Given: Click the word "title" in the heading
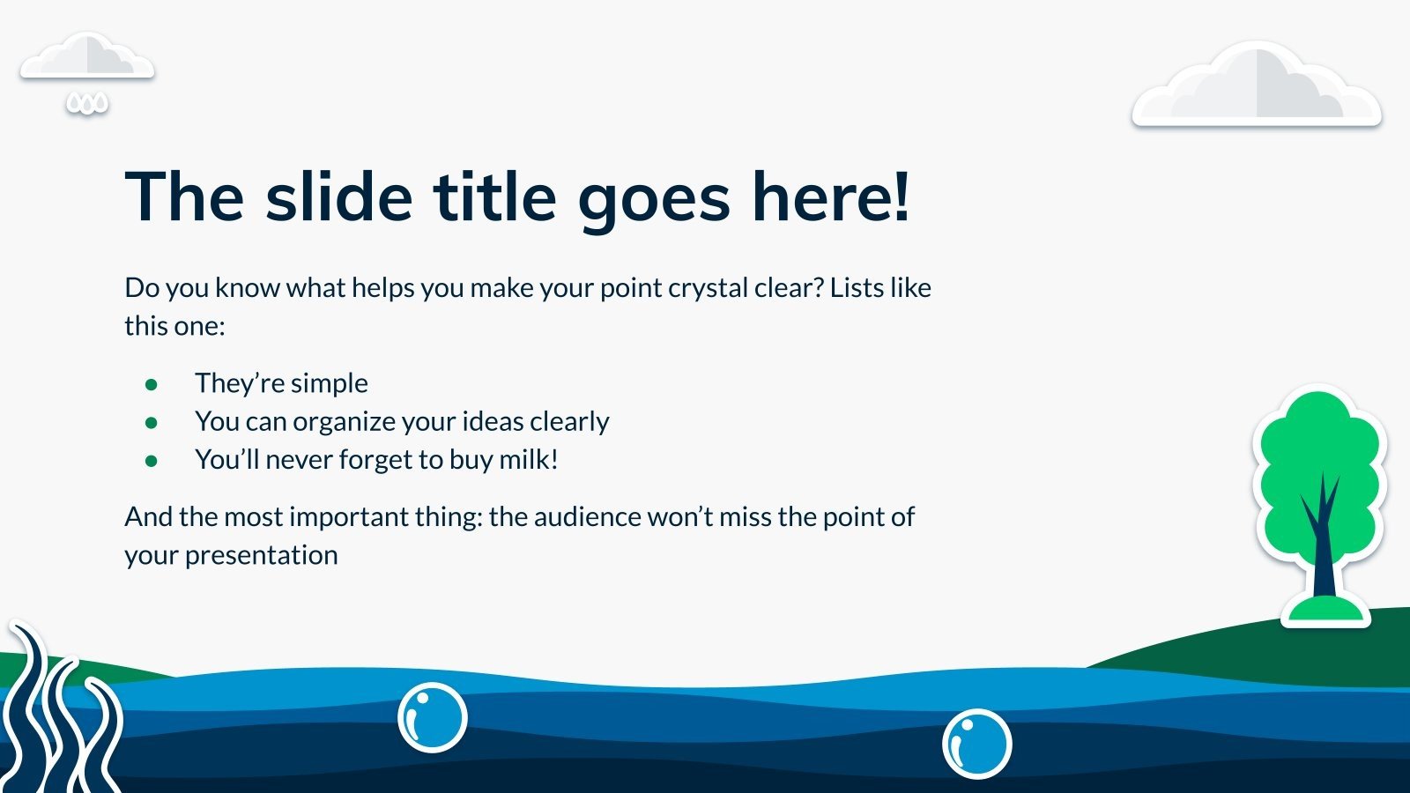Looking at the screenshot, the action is pyautogui.click(x=494, y=196).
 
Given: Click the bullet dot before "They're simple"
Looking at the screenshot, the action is pyautogui.click(x=151, y=384).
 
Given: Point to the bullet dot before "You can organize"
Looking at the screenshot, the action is pyautogui.click(x=151, y=422).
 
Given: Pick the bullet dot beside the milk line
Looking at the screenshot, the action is pyautogui.click(x=151, y=461).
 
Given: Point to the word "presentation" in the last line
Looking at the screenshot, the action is pyautogui.click(x=261, y=556).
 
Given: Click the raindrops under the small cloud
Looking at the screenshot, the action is pyautogui.click(x=87, y=104).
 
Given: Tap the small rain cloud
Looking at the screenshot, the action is pyautogui.click(x=87, y=57).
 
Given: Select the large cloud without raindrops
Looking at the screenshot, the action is pyautogui.click(x=1257, y=85).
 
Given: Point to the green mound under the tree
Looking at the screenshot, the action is pyautogui.click(x=1325, y=611).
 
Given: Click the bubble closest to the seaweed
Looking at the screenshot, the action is pyautogui.click(x=433, y=717).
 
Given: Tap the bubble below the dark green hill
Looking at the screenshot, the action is pyautogui.click(x=977, y=744).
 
